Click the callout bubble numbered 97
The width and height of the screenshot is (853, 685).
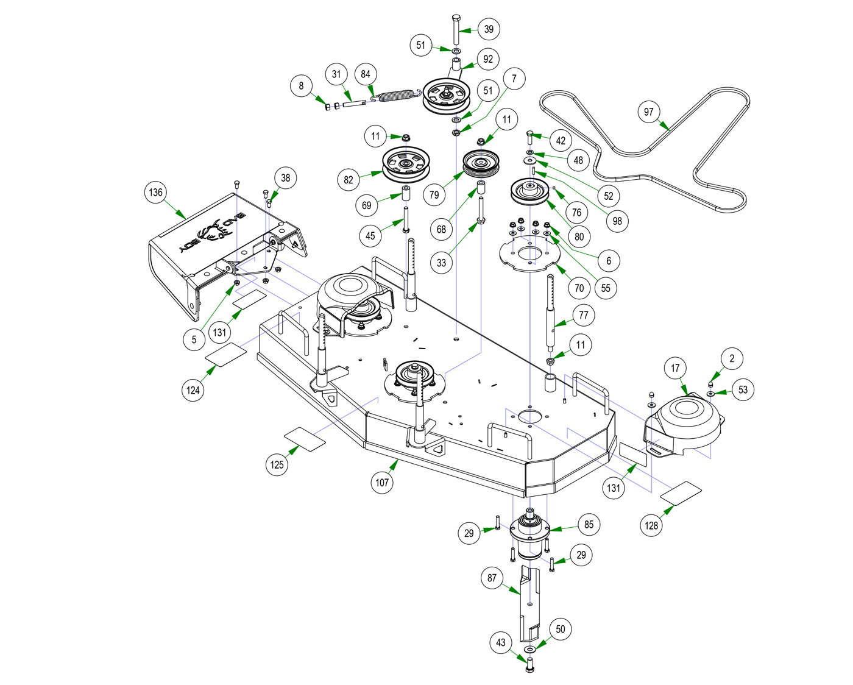click(648, 112)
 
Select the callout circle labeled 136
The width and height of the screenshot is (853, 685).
click(156, 193)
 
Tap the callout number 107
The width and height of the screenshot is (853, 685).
click(382, 483)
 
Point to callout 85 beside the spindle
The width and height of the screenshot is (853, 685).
click(589, 524)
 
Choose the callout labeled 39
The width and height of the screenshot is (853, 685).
click(489, 29)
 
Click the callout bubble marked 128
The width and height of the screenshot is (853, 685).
click(651, 525)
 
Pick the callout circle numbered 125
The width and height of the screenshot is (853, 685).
click(277, 464)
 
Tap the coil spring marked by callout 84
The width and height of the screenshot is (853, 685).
click(396, 96)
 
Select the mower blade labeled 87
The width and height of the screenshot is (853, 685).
click(529, 603)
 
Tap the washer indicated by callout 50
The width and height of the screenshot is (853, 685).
click(529, 650)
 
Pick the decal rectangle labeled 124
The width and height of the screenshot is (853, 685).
click(225, 355)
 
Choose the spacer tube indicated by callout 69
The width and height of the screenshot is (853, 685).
click(405, 199)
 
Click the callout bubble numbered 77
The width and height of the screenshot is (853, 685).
click(584, 315)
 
